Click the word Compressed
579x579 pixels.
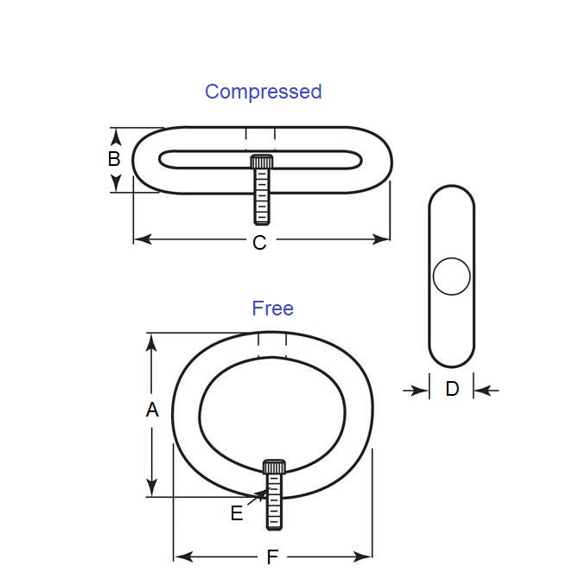coord(263,92)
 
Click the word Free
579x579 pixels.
coord(272,309)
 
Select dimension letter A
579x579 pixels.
coord(152,410)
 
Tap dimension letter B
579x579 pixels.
coord(114,159)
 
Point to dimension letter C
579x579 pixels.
coord(259,244)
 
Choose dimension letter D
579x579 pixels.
coord(452,390)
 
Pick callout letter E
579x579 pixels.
coord(237,513)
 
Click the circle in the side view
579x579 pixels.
coord(451,277)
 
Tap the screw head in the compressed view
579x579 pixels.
coord(262,162)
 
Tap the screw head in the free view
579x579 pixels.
coord(275,468)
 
